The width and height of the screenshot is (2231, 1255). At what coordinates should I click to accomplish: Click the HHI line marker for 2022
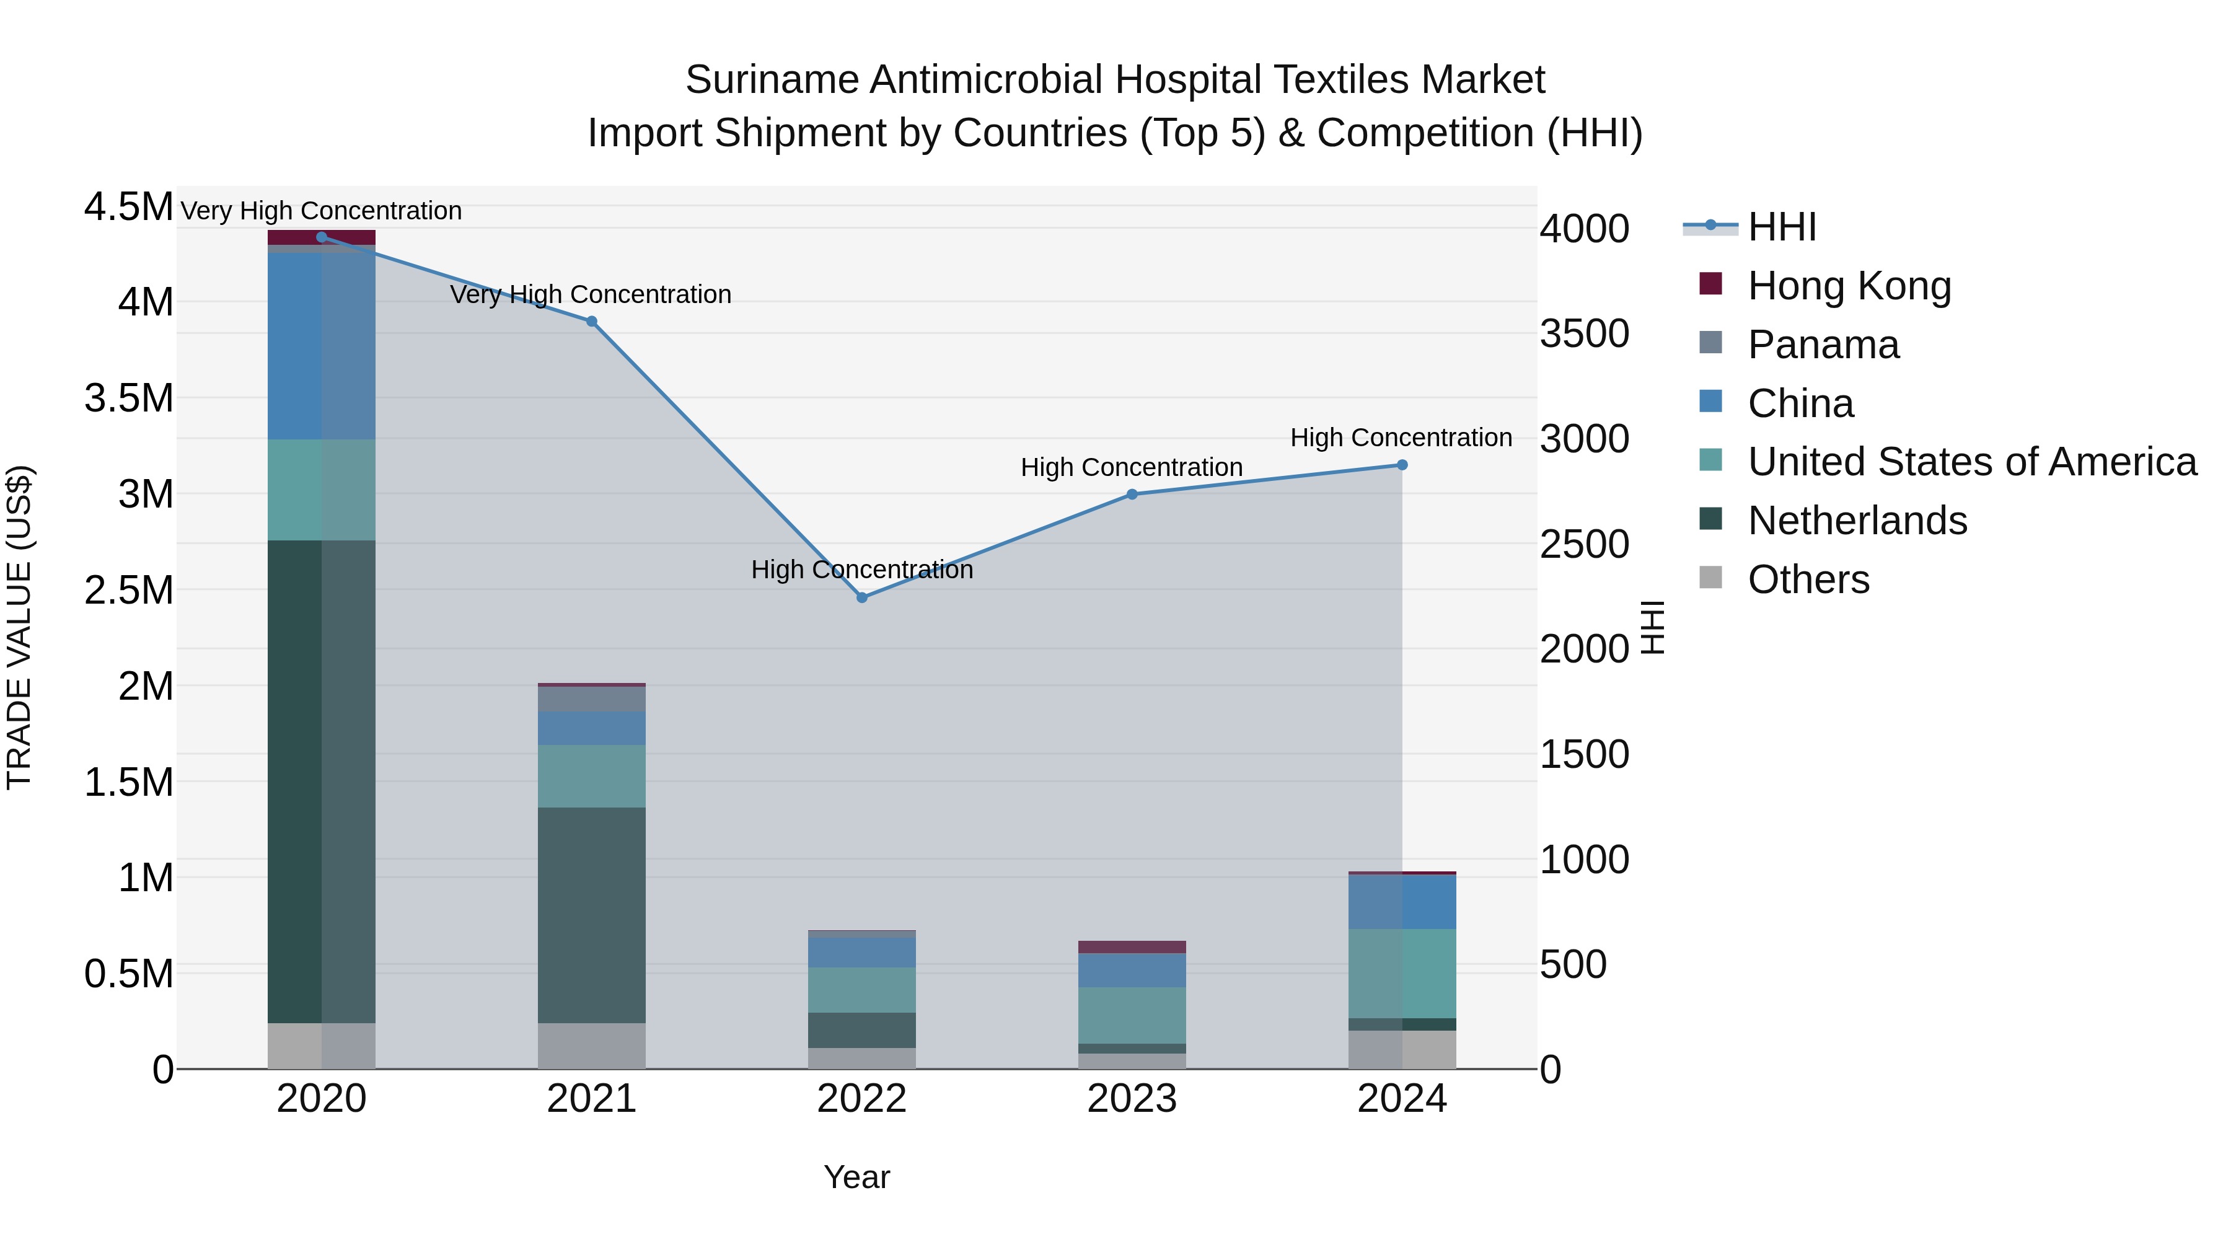(862, 597)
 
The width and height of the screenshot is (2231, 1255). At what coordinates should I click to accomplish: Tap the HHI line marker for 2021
(592, 321)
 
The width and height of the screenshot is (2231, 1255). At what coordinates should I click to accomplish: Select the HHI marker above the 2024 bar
(1402, 465)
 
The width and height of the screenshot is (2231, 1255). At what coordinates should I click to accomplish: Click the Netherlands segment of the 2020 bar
(321, 782)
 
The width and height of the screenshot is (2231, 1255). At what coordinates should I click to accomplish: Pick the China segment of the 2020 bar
(321, 346)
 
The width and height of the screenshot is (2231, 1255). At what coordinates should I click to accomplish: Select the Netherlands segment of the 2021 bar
(592, 915)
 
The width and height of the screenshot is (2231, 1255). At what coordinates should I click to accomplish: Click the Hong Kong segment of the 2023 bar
(1132, 946)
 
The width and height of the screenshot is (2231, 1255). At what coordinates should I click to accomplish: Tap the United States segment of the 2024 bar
(1402, 974)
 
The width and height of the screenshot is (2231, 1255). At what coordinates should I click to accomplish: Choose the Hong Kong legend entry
(1849, 286)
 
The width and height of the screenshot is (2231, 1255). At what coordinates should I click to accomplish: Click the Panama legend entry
(1823, 345)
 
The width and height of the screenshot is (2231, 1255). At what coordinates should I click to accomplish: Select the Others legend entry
(1808, 579)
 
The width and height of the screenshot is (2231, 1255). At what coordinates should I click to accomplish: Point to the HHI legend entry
(1782, 227)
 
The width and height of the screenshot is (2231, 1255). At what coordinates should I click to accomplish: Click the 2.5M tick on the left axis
(129, 590)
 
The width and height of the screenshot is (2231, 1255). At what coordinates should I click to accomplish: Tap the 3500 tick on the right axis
(1584, 333)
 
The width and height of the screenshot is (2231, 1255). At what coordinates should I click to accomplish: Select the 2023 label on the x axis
(1132, 1099)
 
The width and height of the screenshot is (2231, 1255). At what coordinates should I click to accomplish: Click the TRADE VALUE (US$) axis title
(19, 627)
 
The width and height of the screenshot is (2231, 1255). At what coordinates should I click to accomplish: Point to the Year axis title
(856, 1177)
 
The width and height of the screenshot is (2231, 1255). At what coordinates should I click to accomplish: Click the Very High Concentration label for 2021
(591, 294)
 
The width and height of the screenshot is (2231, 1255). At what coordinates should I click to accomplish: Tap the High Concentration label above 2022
(862, 570)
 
